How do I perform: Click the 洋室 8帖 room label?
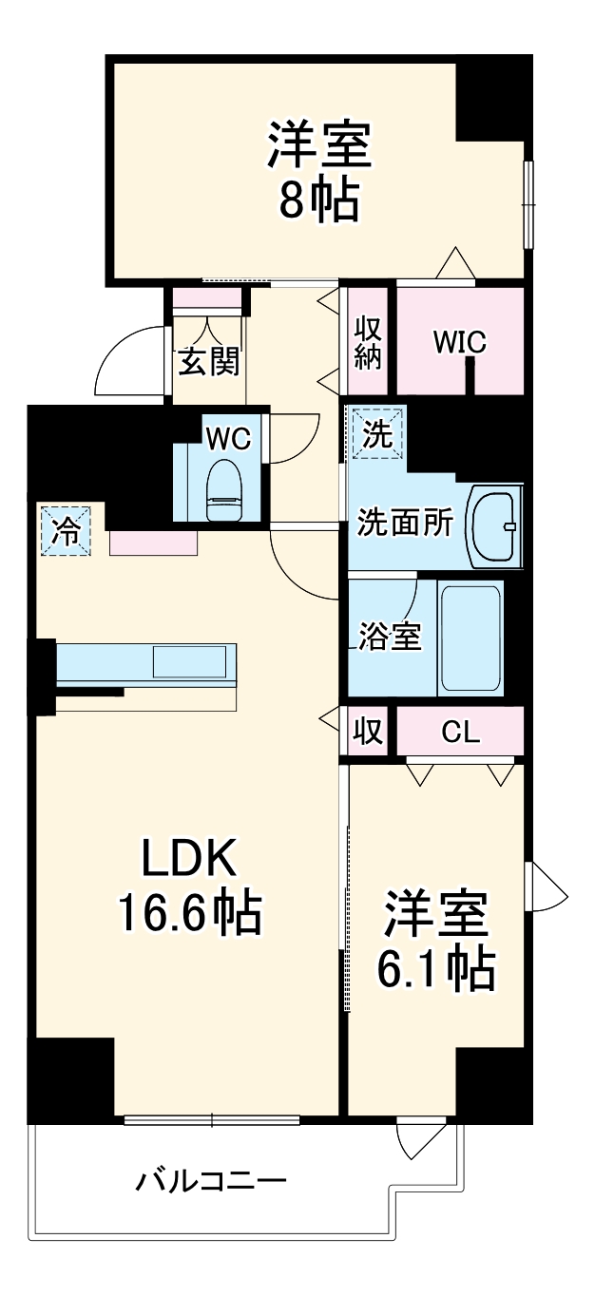[x=317, y=171]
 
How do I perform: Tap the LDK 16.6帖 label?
[x=189, y=886]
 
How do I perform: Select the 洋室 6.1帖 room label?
[x=438, y=941]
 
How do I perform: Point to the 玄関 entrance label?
[x=208, y=361]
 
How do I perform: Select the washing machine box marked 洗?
[x=376, y=433]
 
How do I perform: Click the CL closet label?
[x=460, y=732]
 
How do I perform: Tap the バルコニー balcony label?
[x=210, y=1182]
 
